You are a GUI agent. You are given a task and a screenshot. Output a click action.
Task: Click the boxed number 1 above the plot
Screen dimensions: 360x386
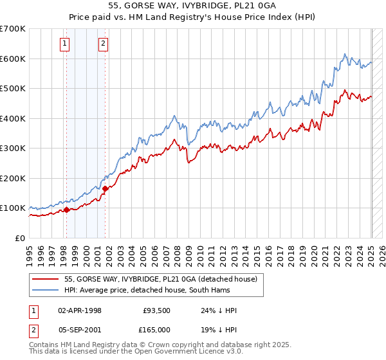pos(66,44)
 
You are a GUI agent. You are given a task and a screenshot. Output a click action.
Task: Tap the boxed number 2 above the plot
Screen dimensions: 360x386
pos(104,44)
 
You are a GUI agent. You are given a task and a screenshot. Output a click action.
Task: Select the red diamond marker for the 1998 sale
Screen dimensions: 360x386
pos(66,210)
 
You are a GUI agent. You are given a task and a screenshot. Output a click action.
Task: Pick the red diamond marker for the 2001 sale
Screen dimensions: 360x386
pos(106,188)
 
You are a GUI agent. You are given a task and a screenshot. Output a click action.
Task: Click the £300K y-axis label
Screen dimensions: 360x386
pos(13,148)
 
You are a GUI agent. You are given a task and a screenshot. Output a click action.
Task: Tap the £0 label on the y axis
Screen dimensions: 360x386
pos(19,238)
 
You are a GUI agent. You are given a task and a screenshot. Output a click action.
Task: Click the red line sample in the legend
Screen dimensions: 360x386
pos(46,279)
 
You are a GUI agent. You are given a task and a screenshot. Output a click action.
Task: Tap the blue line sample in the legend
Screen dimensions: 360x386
pos(46,289)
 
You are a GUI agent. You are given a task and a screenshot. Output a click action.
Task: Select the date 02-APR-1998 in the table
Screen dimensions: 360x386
pos(80,310)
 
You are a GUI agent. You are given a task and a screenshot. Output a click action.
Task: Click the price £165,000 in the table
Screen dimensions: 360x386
pos(156,329)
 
